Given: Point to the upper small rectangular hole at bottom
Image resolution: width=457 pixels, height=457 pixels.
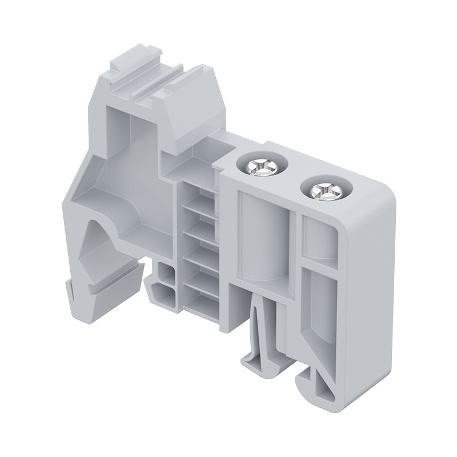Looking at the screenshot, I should pos(166,273).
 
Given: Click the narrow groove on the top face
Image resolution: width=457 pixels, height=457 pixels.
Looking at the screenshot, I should pos(154,86).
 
